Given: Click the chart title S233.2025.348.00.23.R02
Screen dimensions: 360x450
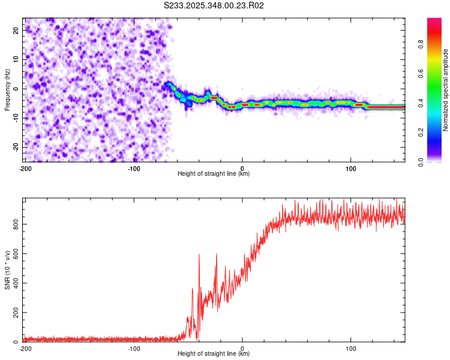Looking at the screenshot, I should pyautogui.click(x=214, y=5).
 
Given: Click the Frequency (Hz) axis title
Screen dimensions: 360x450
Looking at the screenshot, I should pyautogui.click(x=7, y=90).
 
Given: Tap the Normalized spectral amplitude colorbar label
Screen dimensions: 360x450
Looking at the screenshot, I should pyautogui.click(x=446, y=90).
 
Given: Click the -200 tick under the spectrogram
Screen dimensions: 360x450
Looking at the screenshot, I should pyautogui.click(x=25, y=169).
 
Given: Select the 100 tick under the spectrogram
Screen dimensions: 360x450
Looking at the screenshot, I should pyautogui.click(x=351, y=169).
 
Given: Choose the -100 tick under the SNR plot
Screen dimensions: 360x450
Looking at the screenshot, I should pyautogui.click(x=134, y=349).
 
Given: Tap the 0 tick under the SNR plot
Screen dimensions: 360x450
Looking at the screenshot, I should pyautogui.click(x=242, y=349).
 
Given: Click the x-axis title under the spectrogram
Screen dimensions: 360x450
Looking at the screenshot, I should pyautogui.click(x=214, y=174).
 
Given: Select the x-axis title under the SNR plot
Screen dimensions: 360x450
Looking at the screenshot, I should pyautogui.click(x=214, y=354).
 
